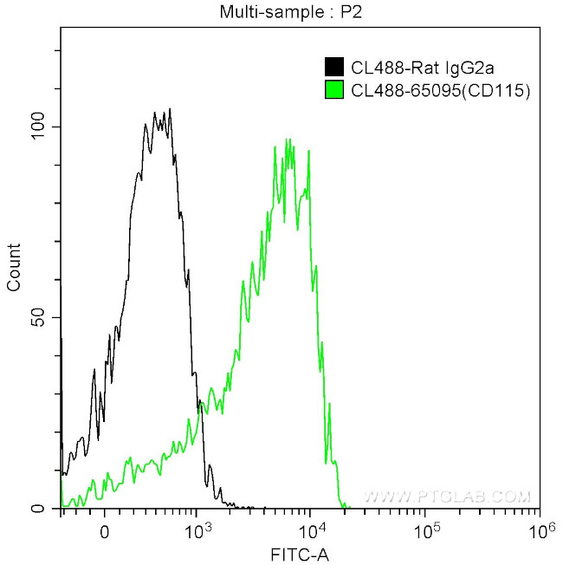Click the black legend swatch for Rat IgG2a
[x=333, y=67]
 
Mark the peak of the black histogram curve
[x=170, y=109]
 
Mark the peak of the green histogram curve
[x=287, y=140]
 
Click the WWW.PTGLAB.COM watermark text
[x=446, y=497]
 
